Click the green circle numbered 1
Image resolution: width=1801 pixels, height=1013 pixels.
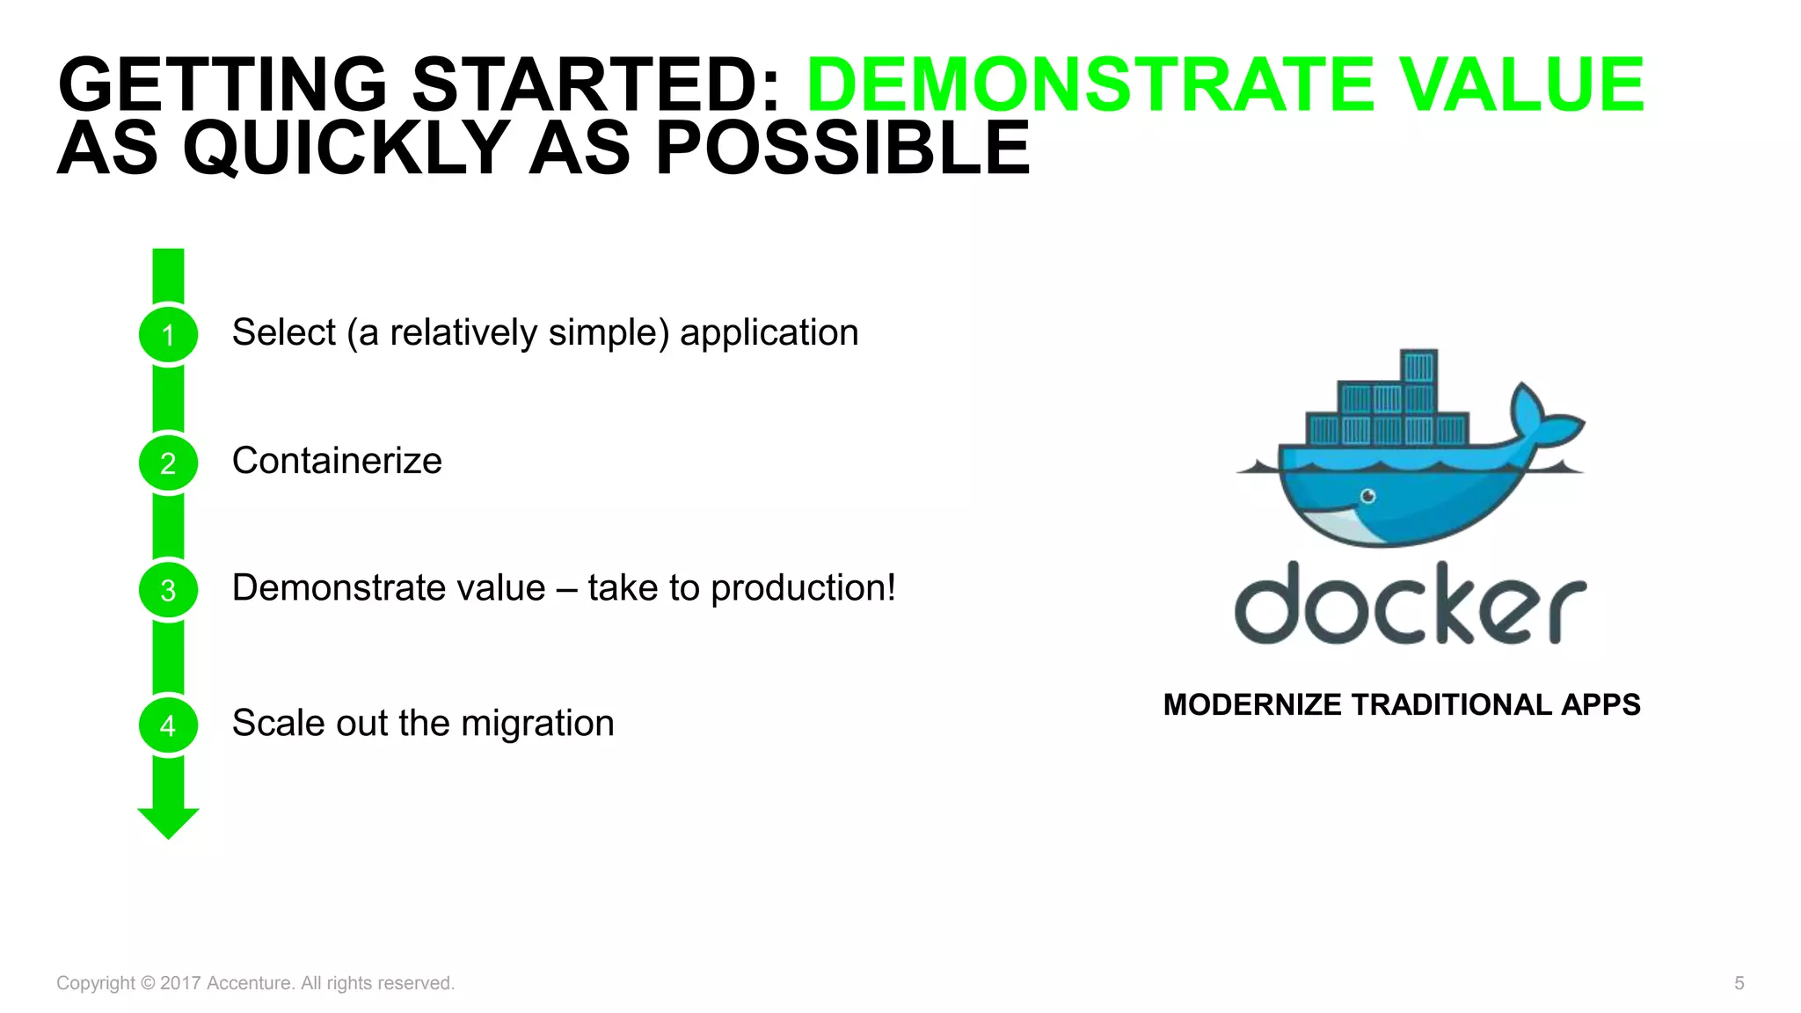(x=168, y=334)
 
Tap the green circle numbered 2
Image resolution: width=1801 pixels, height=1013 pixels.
(x=168, y=463)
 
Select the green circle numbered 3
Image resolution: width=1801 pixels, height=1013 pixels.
(x=168, y=590)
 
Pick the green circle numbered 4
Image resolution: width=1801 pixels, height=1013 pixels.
(x=168, y=725)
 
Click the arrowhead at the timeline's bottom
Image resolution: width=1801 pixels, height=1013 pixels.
(x=168, y=822)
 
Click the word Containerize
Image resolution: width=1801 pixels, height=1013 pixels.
(x=337, y=461)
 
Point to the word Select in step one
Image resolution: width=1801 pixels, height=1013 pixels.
(x=283, y=332)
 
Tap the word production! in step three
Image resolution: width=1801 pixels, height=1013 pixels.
(x=803, y=588)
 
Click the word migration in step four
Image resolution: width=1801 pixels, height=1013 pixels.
(x=537, y=724)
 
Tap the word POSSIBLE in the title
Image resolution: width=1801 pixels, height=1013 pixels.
(x=842, y=148)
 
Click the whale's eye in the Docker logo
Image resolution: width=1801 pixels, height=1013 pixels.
(x=1368, y=497)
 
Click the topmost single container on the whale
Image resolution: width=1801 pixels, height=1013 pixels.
(x=1418, y=366)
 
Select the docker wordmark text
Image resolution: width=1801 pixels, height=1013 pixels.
(x=1410, y=604)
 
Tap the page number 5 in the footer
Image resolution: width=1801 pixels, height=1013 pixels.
(x=1739, y=983)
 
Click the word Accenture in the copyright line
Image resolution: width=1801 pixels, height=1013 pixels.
(x=248, y=983)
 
